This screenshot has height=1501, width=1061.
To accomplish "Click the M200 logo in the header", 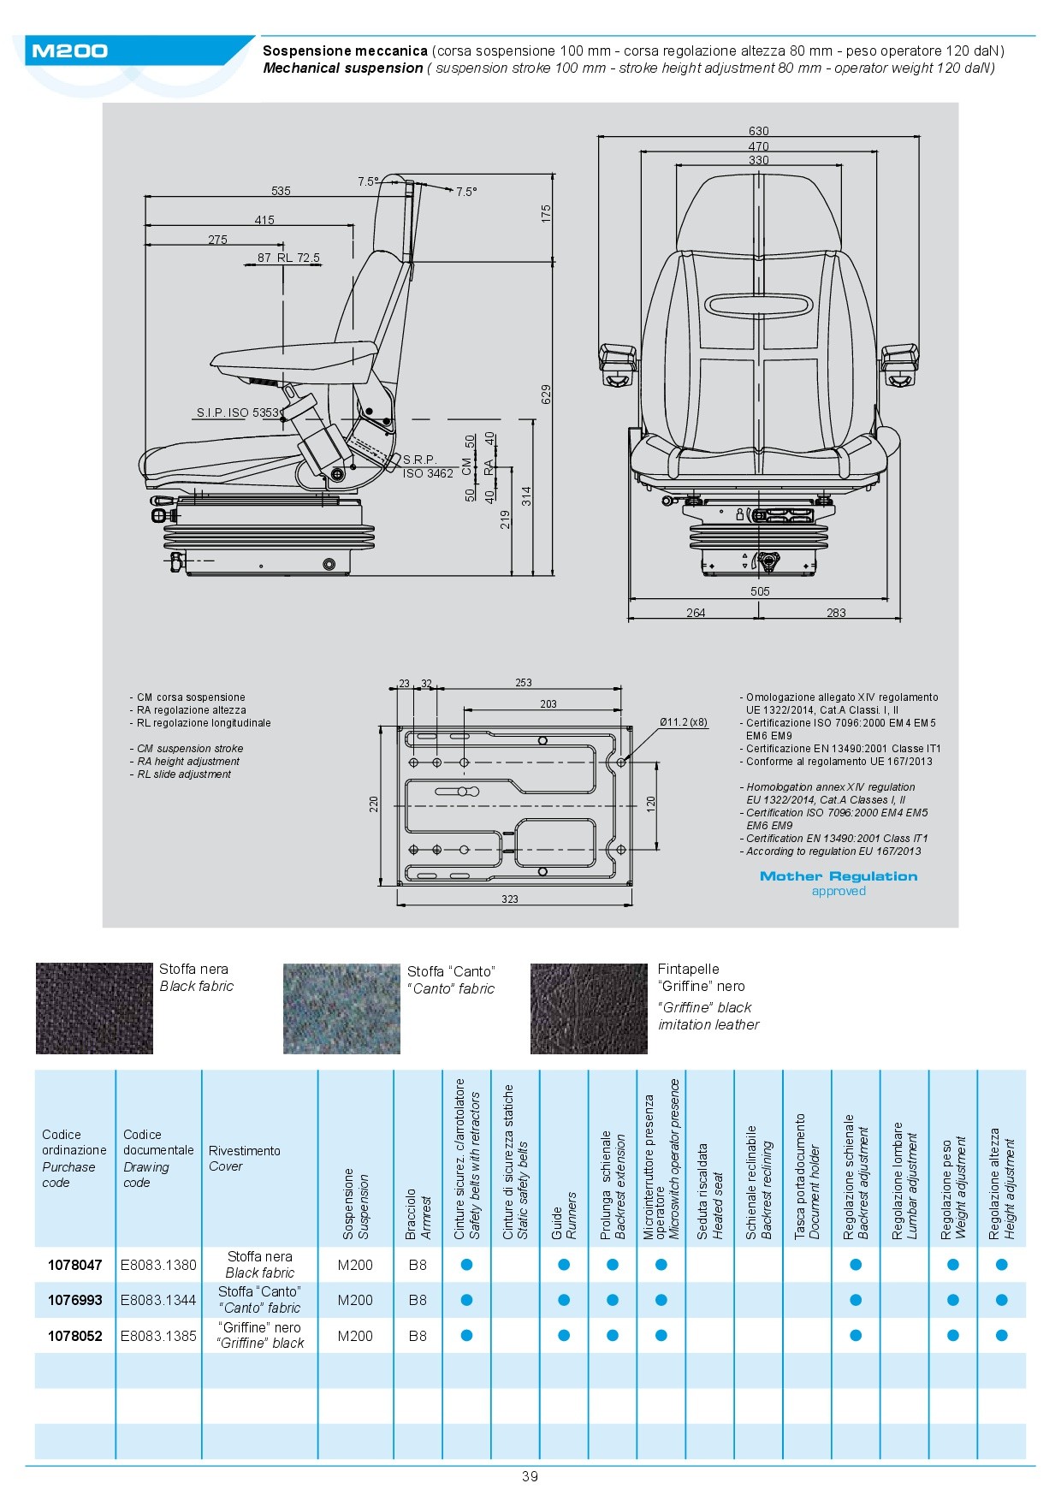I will pyautogui.click(x=69, y=51).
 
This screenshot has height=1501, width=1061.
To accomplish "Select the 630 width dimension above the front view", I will pyautogui.click(x=758, y=131).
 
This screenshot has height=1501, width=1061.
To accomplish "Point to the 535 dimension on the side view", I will pyautogui.click(x=281, y=191).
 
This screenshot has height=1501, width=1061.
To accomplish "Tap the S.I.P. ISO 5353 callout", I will pyautogui.click(x=238, y=412).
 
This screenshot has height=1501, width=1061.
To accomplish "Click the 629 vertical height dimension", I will pyautogui.click(x=546, y=394).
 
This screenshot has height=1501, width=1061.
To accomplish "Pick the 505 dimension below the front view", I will pyautogui.click(x=760, y=591).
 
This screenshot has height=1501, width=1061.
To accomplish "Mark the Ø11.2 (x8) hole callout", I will pyautogui.click(x=684, y=722).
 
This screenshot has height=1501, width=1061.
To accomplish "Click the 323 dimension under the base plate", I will pyautogui.click(x=510, y=899).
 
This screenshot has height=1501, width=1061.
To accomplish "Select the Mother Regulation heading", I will pyautogui.click(x=839, y=876).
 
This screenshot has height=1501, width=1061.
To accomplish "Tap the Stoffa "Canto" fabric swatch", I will pyautogui.click(x=341, y=1009).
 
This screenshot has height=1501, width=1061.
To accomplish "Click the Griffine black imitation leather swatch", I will pyautogui.click(x=589, y=1009).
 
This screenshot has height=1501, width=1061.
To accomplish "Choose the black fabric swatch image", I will pyautogui.click(x=94, y=1008).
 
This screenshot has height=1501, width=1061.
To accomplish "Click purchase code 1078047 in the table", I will pyautogui.click(x=75, y=1265).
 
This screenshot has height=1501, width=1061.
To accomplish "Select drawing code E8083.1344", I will pyautogui.click(x=158, y=1300).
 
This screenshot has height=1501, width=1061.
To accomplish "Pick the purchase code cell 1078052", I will pyautogui.click(x=75, y=1336).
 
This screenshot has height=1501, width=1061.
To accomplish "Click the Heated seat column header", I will pyautogui.click(x=709, y=1190).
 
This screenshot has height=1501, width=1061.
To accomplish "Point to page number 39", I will pyautogui.click(x=530, y=1476).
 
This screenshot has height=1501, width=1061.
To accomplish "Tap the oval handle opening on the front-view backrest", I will pyautogui.click(x=758, y=304).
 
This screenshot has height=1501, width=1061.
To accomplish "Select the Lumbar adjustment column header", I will pyautogui.click(x=904, y=1181).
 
